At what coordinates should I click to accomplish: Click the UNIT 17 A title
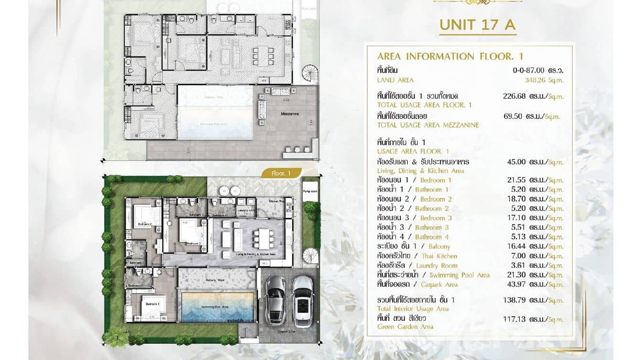[477, 24]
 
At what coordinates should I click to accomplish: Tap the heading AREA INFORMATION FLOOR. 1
[450, 56]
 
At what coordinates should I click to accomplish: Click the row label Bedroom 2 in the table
[436, 199]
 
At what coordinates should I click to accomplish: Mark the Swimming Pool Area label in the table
[459, 275]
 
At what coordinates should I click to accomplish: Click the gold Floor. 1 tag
[281, 174]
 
